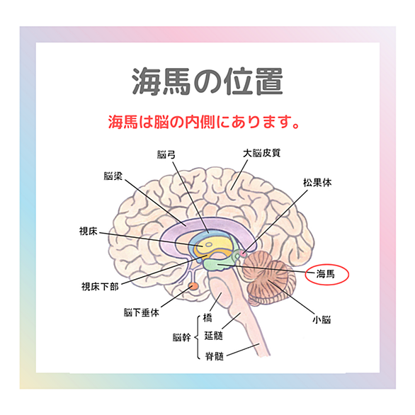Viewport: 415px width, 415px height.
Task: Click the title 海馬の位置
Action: point(207,81)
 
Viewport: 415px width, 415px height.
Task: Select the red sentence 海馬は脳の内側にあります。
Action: point(203,122)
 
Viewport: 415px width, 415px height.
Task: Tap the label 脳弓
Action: point(166,154)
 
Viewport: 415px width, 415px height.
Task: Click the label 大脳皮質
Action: point(261,153)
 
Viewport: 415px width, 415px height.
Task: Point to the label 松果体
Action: point(317,182)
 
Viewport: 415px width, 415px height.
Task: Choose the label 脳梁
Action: point(113,176)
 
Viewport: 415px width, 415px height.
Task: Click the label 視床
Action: point(89,231)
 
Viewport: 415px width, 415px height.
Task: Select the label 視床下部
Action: point(100,286)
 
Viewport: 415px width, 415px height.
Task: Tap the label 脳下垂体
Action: point(142,312)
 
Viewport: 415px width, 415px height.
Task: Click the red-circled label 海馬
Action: point(325,274)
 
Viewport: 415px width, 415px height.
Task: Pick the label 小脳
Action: point(322,319)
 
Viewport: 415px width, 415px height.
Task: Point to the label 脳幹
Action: point(181,337)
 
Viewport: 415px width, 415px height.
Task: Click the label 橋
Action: point(207,317)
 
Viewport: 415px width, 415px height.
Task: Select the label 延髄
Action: point(213,336)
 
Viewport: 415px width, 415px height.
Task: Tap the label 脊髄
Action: point(215,356)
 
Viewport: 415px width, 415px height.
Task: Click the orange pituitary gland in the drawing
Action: point(194,286)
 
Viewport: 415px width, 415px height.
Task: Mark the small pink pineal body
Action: point(243,254)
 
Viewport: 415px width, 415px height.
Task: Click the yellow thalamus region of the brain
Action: point(212,246)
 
